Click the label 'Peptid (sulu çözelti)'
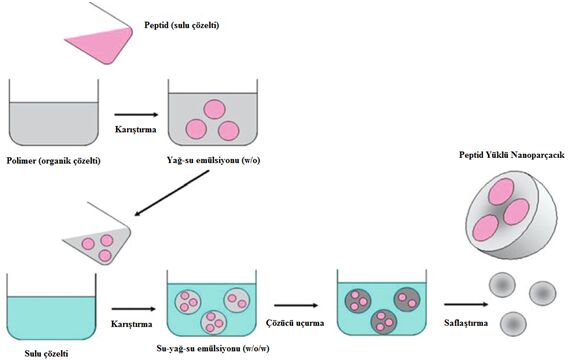click(x=181, y=25)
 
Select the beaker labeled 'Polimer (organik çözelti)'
click(x=54, y=113)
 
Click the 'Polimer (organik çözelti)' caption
click(x=54, y=160)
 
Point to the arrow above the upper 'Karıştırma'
click(x=136, y=115)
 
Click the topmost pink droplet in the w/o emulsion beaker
click(x=214, y=109)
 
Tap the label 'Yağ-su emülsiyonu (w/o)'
click(x=213, y=160)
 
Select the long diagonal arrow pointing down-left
click(x=172, y=193)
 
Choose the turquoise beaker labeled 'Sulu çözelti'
click(x=51, y=306)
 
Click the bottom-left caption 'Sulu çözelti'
click(x=46, y=353)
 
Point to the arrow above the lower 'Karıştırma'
click(x=133, y=309)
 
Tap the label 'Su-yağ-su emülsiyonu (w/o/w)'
click(x=213, y=349)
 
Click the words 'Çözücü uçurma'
click(x=295, y=323)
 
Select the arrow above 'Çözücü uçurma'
click(x=296, y=305)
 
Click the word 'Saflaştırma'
click(x=466, y=322)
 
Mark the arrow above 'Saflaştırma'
click(x=467, y=304)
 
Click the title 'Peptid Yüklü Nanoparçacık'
click(x=512, y=155)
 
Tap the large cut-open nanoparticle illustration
click(x=511, y=215)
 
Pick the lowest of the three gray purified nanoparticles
click(x=513, y=324)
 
